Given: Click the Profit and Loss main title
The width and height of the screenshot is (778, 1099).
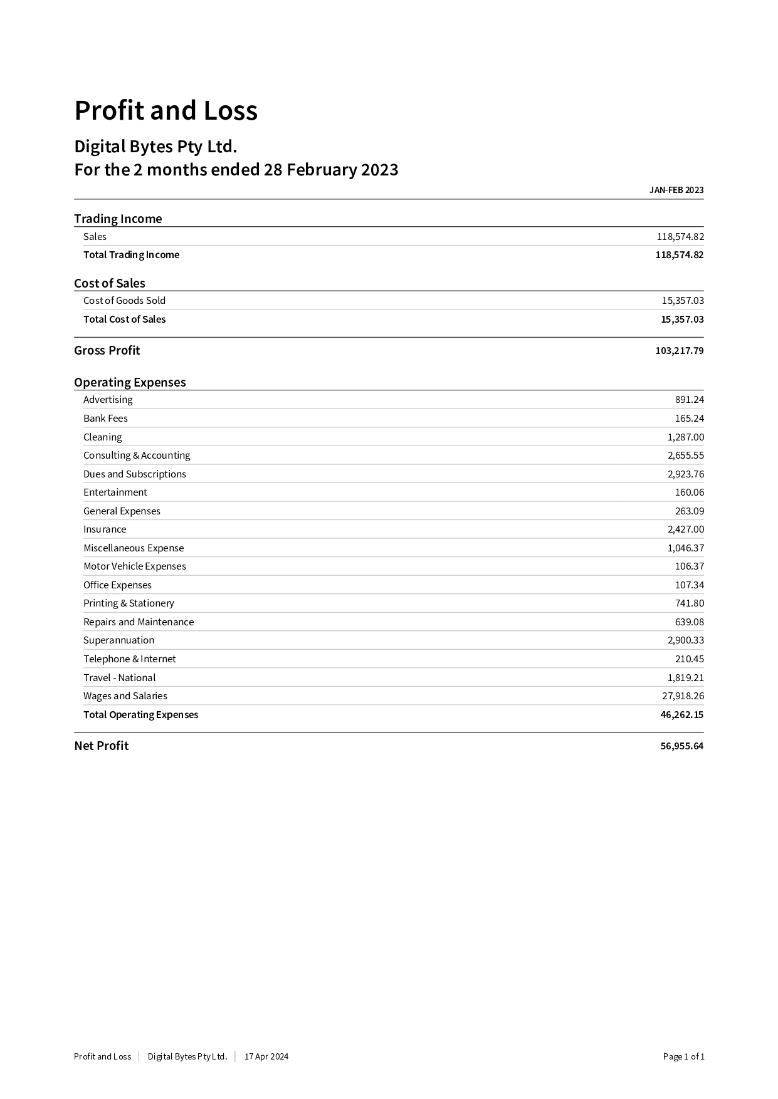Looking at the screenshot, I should pos(166,111).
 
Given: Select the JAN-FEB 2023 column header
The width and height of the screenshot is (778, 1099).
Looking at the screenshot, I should pos(676,190).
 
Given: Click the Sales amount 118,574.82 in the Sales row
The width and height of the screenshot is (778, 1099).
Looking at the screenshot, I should pos(680,236).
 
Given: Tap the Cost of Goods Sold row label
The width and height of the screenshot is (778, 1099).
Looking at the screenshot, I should pos(124,301).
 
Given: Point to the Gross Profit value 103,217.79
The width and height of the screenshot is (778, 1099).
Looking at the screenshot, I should pos(679,351).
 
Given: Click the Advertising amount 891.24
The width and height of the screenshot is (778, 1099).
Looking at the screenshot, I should pos(689,400).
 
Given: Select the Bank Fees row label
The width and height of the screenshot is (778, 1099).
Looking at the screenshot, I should pos(105,419).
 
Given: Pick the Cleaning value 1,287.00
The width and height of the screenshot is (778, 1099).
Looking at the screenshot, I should pos(685,437).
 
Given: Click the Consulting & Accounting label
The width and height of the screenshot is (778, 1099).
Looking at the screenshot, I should pos(137,456).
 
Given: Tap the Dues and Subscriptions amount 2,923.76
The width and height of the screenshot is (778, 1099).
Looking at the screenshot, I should pos(685,474).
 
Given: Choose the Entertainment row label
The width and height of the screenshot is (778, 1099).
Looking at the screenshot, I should pos(115,492).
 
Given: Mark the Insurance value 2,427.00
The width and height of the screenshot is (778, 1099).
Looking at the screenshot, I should pos(685,529).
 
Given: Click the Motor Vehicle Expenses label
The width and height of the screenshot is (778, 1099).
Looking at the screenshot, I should pos(135,566).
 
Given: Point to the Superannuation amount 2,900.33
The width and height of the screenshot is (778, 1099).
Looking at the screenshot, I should pos(685,640).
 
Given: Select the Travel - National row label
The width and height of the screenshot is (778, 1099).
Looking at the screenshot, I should pos(119,678).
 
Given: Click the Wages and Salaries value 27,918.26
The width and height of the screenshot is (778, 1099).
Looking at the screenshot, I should pos(683,696).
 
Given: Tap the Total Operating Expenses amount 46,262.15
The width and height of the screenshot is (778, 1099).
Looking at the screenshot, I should pos(681,715).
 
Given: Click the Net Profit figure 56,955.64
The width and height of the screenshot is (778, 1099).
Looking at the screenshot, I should pos(681,746).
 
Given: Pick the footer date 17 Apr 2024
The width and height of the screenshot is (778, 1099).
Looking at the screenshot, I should pos(266,1056).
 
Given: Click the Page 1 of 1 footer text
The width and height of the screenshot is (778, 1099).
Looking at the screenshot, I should pos(683,1056).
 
